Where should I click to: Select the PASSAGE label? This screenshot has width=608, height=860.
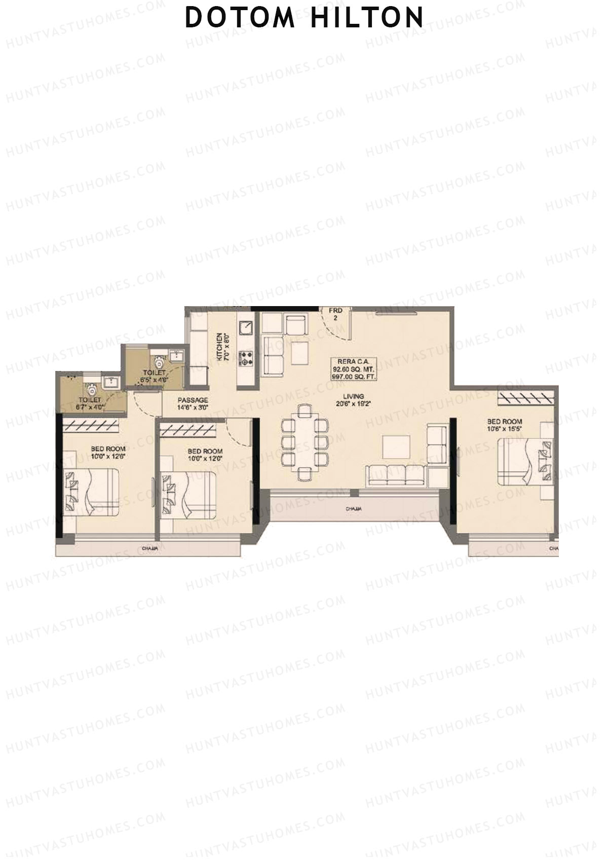click(x=193, y=400)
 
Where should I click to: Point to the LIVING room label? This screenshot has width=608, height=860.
click(x=353, y=397)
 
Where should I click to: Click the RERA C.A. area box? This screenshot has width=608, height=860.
click(x=353, y=369)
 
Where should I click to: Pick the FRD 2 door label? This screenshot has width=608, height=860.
click(x=335, y=314)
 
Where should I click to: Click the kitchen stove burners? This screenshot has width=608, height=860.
click(x=247, y=358)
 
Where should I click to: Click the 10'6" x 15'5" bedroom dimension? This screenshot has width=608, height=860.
click(x=505, y=428)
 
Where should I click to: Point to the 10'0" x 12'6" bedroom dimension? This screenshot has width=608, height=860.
click(x=108, y=456)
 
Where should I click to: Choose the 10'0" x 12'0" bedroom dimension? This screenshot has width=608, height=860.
click(x=205, y=459)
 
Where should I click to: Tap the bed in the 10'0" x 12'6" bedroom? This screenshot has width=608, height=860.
click(x=91, y=492)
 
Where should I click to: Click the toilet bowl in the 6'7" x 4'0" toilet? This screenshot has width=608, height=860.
click(x=92, y=390)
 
